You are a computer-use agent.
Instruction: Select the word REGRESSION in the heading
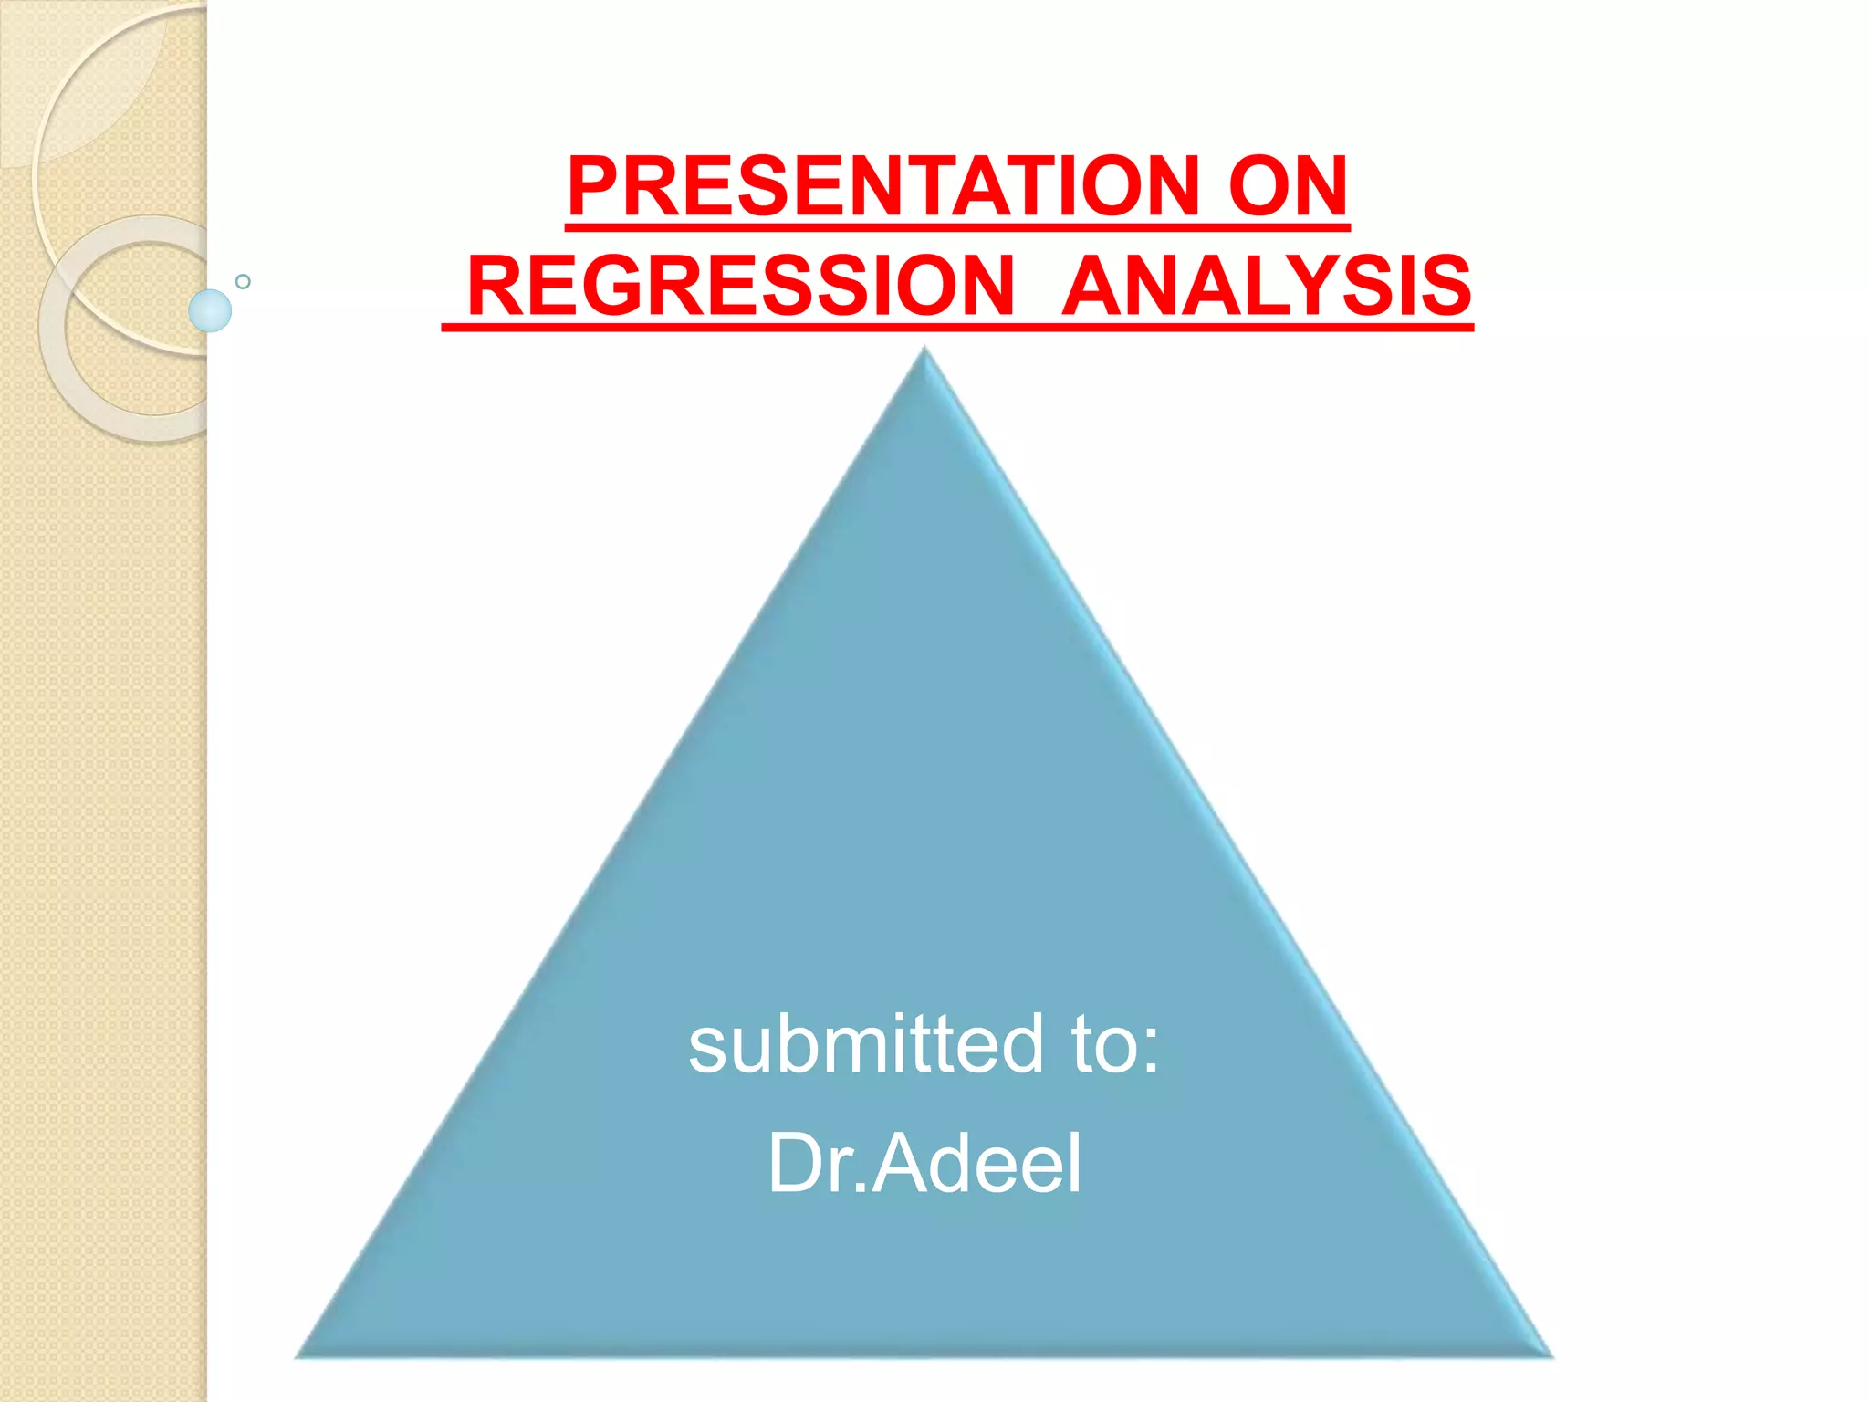click(x=740, y=286)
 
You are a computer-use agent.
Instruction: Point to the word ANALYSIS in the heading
click(x=1266, y=286)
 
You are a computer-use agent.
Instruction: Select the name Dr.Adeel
click(x=924, y=1163)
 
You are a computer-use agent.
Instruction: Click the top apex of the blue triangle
click(x=924, y=352)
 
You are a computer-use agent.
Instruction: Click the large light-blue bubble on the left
click(x=210, y=310)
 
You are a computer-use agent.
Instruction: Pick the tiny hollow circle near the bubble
click(x=243, y=281)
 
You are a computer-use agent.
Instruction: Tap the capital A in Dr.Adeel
click(x=901, y=1163)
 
